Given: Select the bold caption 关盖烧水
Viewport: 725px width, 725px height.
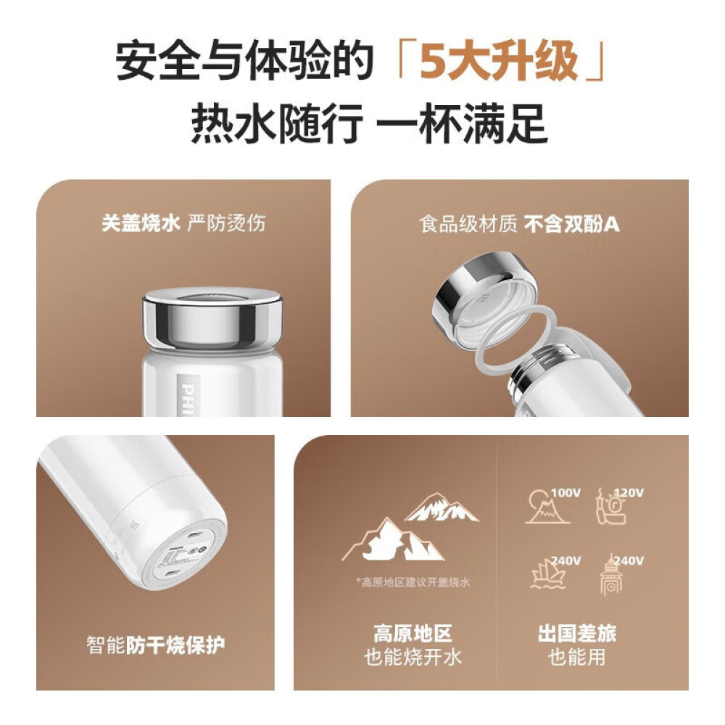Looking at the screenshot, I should pyautogui.click(x=140, y=222).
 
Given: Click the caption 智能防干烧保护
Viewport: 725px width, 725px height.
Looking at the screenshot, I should pyautogui.click(x=156, y=644).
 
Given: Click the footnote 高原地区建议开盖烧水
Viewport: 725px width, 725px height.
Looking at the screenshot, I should pyautogui.click(x=414, y=583).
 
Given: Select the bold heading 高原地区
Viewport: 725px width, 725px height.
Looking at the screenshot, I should pyautogui.click(x=413, y=634).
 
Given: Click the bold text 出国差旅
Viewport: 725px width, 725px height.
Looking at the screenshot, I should pyautogui.click(x=577, y=634).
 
